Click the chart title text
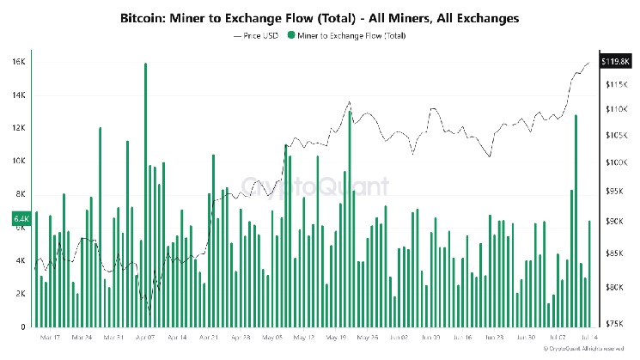coord(320,16)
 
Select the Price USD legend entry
coord(258,35)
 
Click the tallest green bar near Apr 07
coord(146,194)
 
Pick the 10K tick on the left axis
coord(19,161)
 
